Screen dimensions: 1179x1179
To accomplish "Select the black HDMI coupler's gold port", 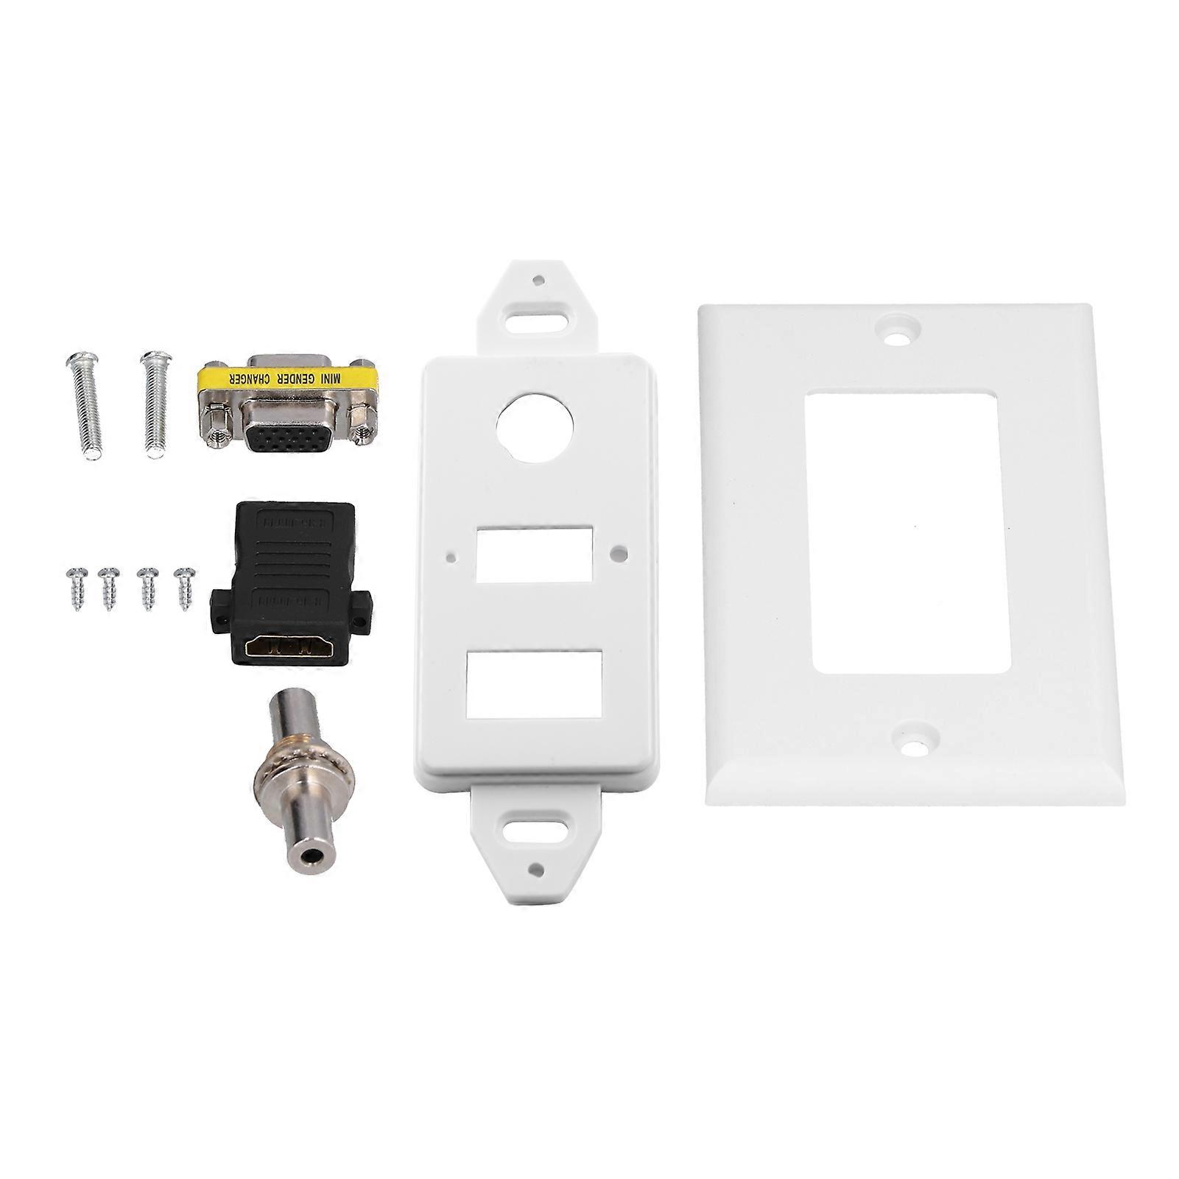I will coord(289,649).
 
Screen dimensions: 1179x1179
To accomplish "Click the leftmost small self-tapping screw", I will coord(77,585).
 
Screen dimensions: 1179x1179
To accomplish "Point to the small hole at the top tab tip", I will coord(540,280).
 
